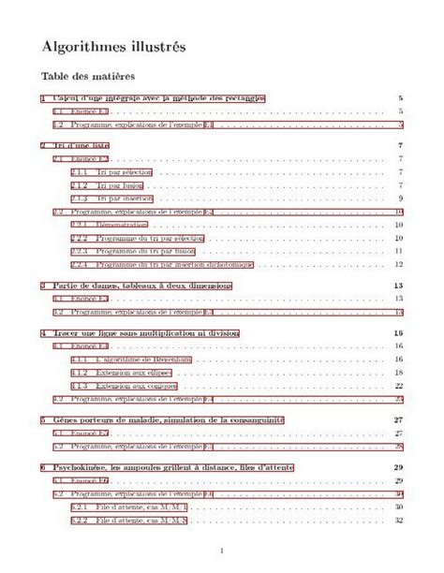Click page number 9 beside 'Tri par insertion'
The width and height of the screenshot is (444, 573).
pyautogui.click(x=400, y=198)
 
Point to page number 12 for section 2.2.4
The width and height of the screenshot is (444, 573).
pyautogui.click(x=398, y=264)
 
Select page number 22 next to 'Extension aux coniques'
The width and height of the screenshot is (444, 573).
pyautogui.click(x=398, y=386)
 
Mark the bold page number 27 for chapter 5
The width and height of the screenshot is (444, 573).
pyautogui.click(x=398, y=419)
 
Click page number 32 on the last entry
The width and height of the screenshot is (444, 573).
pyautogui.click(x=398, y=520)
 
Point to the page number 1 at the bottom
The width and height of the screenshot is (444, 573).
pyautogui.click(x=221, y=551)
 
